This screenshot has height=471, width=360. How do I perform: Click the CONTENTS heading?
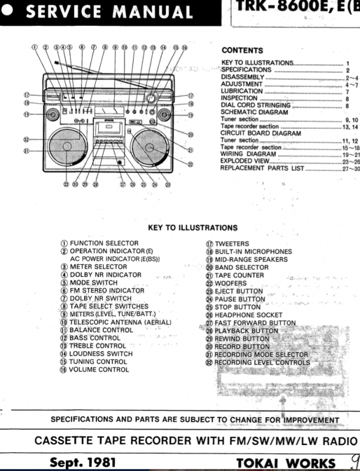pyautogui.click(x=241, y=51)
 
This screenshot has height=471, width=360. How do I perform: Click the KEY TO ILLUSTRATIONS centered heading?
pyautogui.click(x=193, y=228)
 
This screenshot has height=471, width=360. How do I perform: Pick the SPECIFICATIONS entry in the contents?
pyautogui.click(x=246, y=70)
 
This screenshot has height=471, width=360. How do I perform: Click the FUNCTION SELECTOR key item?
pyautogui.click(x=104, y=243)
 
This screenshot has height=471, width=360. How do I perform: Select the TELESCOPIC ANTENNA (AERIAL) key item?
pyautogui.click(x=121, y=322)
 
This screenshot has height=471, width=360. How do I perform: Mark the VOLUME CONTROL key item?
pyautogui.click(x=99, y=369)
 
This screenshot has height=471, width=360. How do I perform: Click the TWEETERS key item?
pyautogui.click(x=231, y=243)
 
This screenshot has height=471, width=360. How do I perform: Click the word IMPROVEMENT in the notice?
pyautogui.click(x=302, y=420)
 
